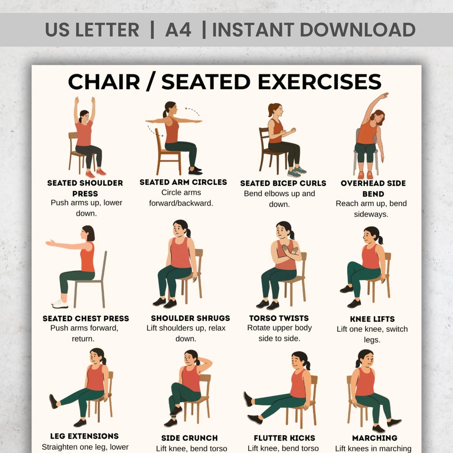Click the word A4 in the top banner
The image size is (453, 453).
point(178,30)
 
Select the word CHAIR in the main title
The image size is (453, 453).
point(104,82)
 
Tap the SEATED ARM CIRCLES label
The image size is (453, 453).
point(183,182)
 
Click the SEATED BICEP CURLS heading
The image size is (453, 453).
point(283,183)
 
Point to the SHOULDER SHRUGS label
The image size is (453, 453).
point(190,318)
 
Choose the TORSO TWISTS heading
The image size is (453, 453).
point(279,318)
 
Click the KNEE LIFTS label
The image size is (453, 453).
point(372,319)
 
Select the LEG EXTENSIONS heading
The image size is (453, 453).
point(84,436)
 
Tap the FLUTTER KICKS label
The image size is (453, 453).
point(284,438)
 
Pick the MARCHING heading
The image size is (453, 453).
point(375,438)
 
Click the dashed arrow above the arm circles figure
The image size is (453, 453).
point(193,112)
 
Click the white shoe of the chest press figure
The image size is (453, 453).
point(60,304)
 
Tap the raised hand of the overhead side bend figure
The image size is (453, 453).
point(384,96)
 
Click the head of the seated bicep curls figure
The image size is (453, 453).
point(275,110)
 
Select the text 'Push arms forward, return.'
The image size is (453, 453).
point(84,333)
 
